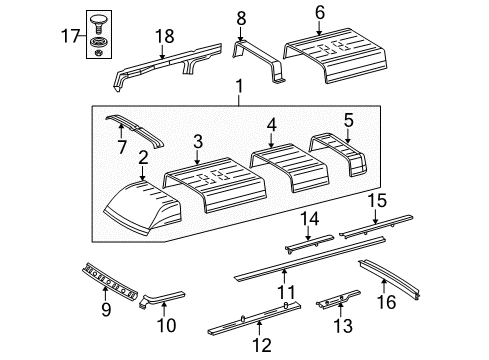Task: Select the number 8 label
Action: coord(240,17)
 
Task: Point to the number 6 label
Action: coord(319,11)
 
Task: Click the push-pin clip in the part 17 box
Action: coord(98,23)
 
